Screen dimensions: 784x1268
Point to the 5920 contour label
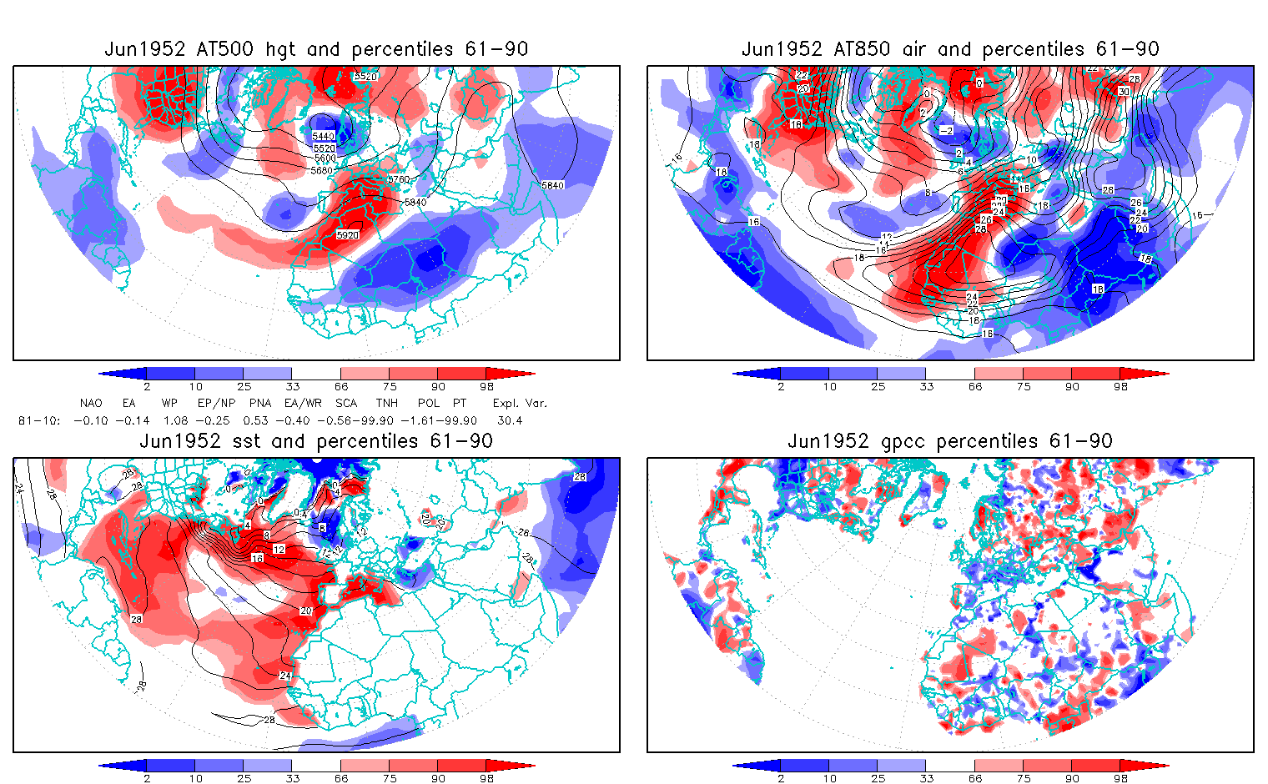coord(348,235)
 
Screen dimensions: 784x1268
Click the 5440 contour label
coord(324,136)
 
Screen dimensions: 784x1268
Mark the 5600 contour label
coord(325,158)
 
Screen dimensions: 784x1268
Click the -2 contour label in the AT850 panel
coord(945,131)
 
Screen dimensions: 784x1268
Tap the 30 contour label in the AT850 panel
coord(1124,92)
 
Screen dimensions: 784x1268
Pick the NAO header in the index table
coord(91,403)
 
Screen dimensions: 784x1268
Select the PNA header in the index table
coord(260,403)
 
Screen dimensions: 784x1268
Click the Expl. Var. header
coord(520,403)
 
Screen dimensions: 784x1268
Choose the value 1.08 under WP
coord(175,420)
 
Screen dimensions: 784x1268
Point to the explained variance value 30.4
coord(510,420)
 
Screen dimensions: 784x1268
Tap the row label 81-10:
coord(38,420)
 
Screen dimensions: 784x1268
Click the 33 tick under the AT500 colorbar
coord(292,386)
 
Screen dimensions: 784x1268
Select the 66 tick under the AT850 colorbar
coord(975,386)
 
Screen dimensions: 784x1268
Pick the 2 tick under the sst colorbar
coord(147,778)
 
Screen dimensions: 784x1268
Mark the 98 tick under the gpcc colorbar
coord(1121,778)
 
